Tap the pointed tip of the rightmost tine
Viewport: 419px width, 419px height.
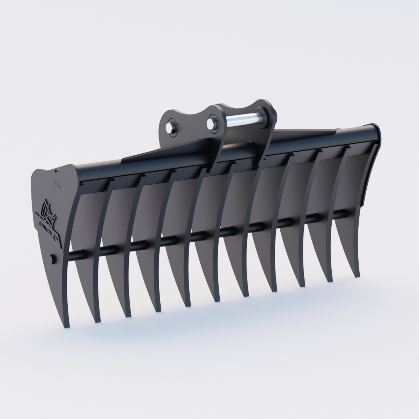point(357,276)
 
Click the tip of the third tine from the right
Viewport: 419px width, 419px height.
point(302,286)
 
